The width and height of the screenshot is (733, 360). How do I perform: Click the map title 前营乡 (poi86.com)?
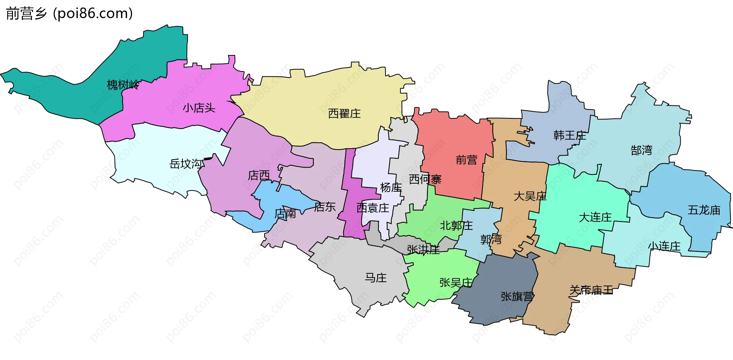[x=69, y=14]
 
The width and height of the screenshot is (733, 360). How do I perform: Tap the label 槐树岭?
[x=123, y=85]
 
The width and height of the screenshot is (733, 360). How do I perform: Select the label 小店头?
[x=199, y=108]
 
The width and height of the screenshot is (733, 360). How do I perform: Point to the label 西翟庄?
[x=344, y=113]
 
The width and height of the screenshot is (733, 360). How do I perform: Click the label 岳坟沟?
[x=186, y=164]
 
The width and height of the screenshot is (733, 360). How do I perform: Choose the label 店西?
[x=258, y=175]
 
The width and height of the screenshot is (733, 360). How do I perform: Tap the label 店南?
[x=285, y=213]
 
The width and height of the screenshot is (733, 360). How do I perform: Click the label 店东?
[x=325, y=207]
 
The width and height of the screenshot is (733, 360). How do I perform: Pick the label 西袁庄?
[x=372, y=208]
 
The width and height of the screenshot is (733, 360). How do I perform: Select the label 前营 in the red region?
[x=466, y=160]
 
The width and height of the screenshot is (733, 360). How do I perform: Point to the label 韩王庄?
[x=569, y=135]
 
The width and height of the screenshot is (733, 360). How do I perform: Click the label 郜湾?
[x=641, y=150]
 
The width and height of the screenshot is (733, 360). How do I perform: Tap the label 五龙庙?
[x=704, y=210]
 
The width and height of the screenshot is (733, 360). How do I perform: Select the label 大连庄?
[x=595, y=217]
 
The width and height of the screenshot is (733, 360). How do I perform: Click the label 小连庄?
[x=664, y=246]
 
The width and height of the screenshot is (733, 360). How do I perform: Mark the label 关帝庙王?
[x=591, y=290]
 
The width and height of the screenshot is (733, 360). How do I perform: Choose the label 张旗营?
[x=517, y=296]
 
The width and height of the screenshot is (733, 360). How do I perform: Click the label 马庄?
[x=376, y=278]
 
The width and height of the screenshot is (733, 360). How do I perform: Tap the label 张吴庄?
[x=455, y=283]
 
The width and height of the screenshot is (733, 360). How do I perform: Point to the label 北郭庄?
[x=456, y=226]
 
